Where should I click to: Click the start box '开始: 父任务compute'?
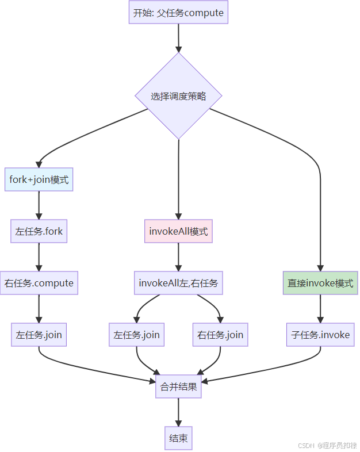[x=178, y=13]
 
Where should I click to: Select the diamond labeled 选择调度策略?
[x=178, y=96]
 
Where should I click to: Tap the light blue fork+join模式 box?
[x=39, y=179]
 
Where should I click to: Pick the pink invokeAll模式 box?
[x=178, y=232]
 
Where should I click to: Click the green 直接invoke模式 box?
[x=320, y=284]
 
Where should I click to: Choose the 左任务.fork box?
[x=39, y=232]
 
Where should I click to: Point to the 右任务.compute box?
[x=39, y=283]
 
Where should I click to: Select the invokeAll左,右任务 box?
[x=178, y=283]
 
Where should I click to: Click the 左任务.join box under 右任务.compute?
[x=39, y=335]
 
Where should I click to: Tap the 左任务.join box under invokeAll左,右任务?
[x=136, y=335]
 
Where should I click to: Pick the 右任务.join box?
[x=220, y=335]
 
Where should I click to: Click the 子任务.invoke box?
[x=320, y=335]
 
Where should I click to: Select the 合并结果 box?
[x=178, y=386]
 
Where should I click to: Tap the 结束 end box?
[x=178, y=438]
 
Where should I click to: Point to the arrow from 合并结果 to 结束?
[x=178, y=412]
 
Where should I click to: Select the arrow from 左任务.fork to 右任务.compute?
[x=39, y=257]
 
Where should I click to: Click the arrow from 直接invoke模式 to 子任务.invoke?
[x=320, y=309]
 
